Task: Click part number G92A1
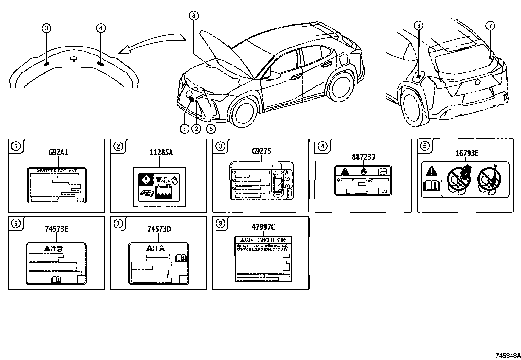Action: [58, 152]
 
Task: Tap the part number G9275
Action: [261, 151]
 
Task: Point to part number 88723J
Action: [363, 157]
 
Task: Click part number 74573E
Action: [57, 229]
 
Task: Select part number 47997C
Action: [263, 227]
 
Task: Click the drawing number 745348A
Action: [507, 355]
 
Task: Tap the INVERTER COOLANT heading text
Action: [57, 171]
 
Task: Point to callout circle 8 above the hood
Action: [193, 15]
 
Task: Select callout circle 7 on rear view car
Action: [490, 26]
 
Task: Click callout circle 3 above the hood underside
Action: [46, 28]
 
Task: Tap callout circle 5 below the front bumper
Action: [211, 129]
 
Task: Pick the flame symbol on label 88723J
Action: [363, 171]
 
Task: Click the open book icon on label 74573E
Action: [56, 279]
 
